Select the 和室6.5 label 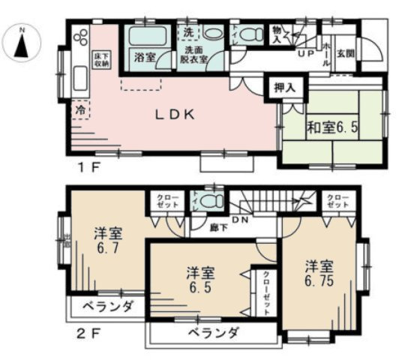(x=332, y=127)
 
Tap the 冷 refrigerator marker (x=79, y=109)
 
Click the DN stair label (x=241, y=219)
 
